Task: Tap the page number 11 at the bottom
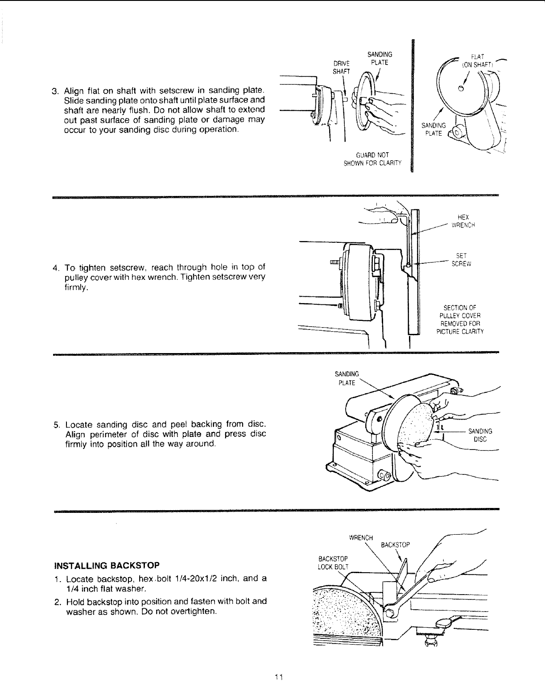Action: point(279,677)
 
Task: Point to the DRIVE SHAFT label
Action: point(342,67)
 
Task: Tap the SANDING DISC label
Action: point(480,435)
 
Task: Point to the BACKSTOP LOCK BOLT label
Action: point(333,563)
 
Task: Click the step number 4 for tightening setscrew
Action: point(54,268)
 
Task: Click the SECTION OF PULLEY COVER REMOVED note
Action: point(460,319)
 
